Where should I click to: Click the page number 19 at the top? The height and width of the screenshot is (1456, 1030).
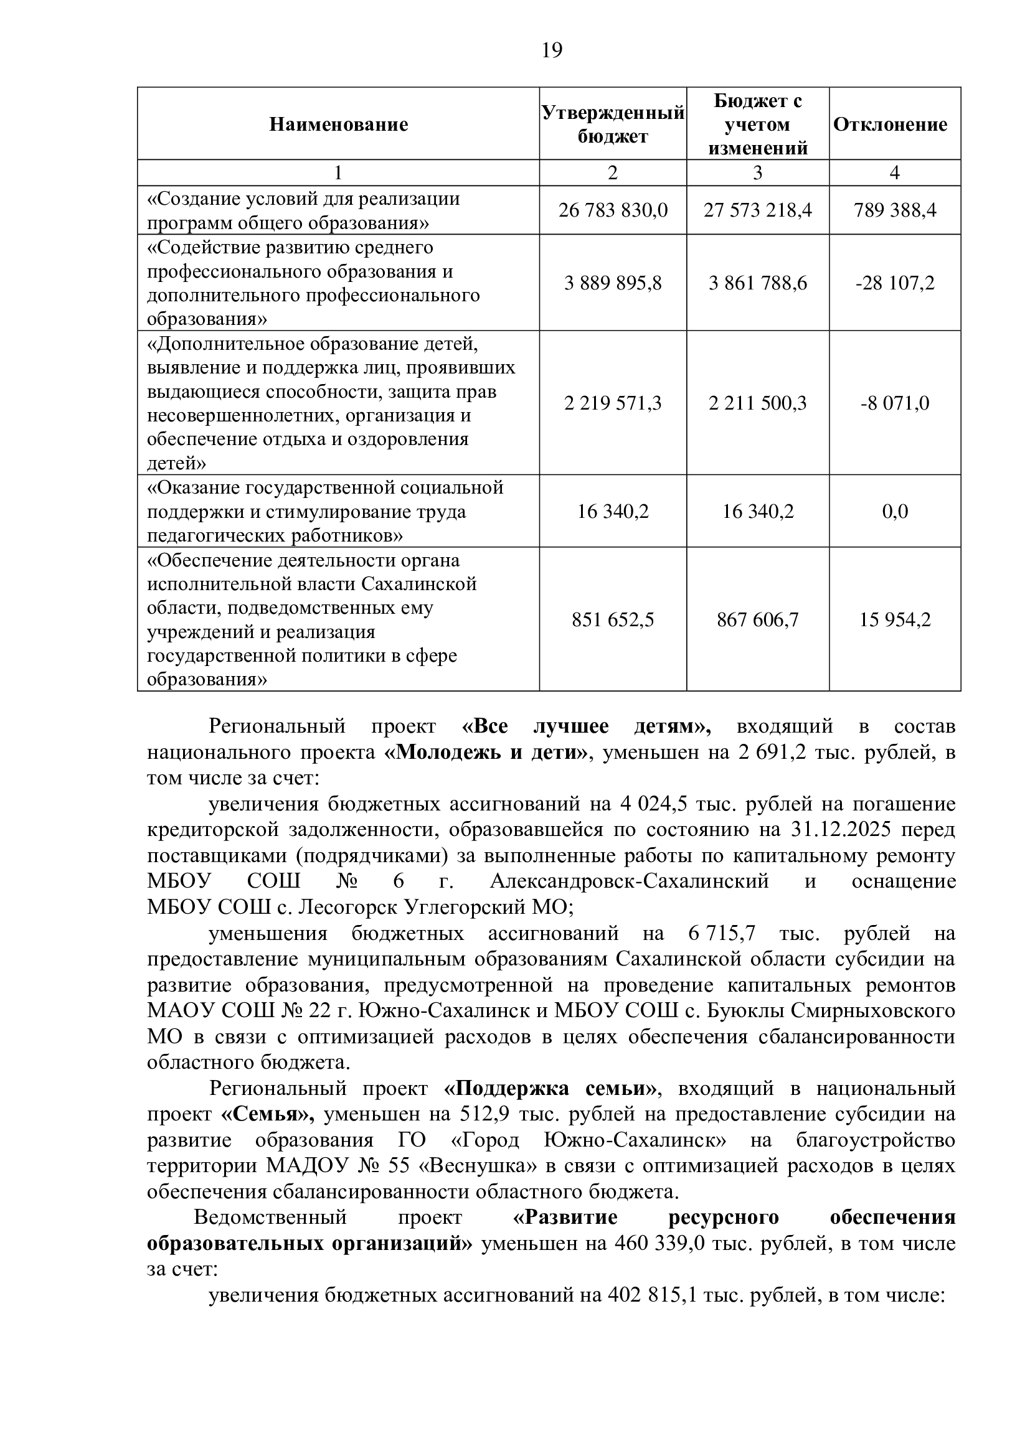coord(552,49)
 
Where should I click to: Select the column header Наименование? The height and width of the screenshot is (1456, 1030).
coord(338,124)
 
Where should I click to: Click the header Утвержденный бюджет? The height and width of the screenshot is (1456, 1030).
coord(613,124)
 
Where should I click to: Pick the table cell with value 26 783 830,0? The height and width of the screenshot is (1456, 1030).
coord(613,210)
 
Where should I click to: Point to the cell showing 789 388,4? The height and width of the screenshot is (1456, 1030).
coord(895,210)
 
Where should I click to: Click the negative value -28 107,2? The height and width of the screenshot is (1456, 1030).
coord(895,283)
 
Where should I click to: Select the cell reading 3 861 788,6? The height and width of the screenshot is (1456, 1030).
coord(758,283)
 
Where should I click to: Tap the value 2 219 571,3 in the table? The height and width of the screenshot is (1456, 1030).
coord(613,403)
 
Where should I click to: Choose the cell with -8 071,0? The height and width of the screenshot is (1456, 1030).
coord(895,403)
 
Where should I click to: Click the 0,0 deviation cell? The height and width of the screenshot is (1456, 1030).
coord(895,511)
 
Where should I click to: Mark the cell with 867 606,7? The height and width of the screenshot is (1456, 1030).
coord(758,619)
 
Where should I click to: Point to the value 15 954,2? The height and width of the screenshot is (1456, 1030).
coord(895,619)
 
